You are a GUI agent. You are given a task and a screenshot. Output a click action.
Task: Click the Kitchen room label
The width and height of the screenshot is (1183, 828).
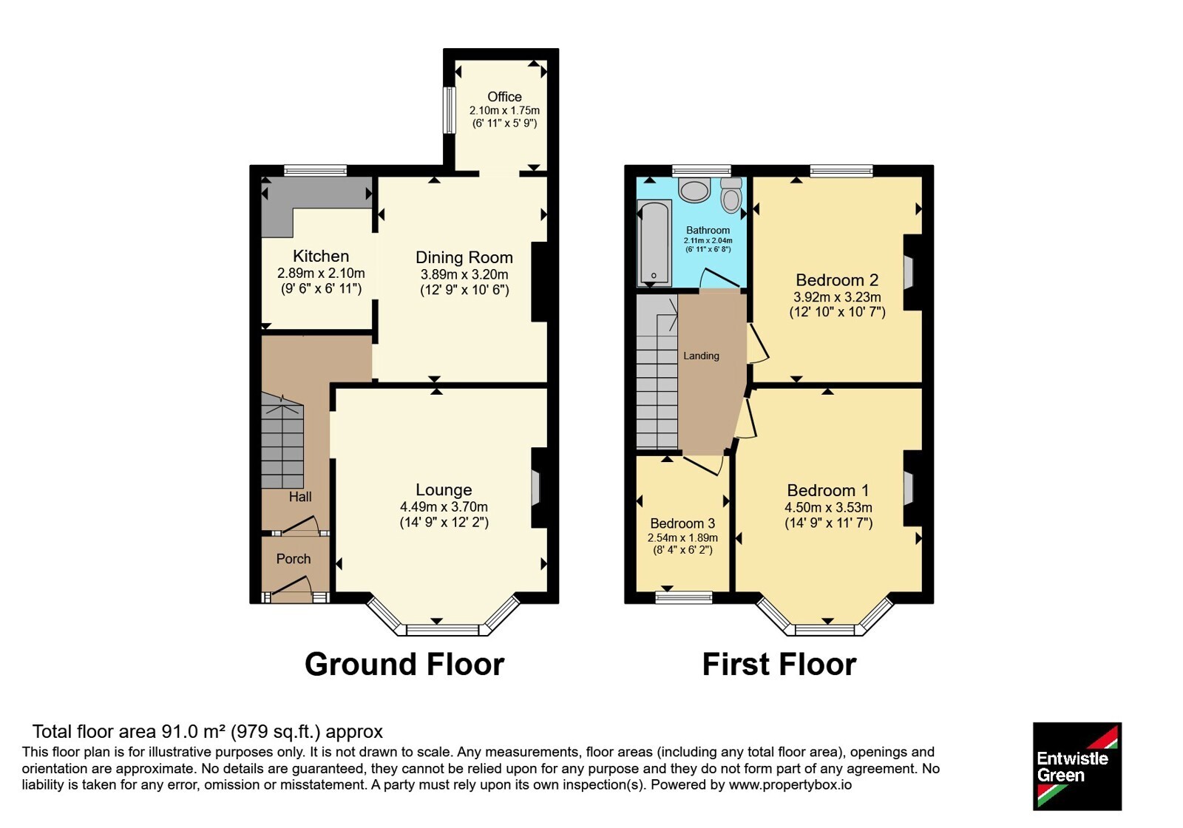pos(321,256)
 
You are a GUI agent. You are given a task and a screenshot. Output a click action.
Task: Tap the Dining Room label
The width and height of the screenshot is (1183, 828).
pos(464,257)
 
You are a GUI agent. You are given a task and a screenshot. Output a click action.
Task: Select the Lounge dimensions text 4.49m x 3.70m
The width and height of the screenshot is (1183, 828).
pos(444,507)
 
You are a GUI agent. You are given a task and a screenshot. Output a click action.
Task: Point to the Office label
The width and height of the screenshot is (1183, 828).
pos(504,97)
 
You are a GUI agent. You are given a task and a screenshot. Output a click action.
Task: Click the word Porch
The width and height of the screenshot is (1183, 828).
pos(294,559)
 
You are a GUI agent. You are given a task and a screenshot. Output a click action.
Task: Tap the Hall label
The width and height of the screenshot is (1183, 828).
pos(300,496)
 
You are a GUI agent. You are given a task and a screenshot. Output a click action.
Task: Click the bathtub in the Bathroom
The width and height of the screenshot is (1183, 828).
pos(654,242)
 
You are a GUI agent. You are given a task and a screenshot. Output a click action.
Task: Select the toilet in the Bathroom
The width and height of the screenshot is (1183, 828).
pos(731,195)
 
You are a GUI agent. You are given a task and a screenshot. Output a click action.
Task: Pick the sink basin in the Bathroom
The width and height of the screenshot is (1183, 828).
pos(694,191)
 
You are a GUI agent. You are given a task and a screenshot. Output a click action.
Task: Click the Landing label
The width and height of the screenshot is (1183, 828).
pos(702,356)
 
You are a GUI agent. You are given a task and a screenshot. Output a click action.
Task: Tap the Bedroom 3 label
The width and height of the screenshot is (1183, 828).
pos(682,523)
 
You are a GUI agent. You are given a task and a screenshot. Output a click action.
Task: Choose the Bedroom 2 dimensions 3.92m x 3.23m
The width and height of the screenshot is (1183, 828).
pos(837,296)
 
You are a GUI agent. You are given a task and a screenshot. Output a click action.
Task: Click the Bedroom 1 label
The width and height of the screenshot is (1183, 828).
pos(828,491)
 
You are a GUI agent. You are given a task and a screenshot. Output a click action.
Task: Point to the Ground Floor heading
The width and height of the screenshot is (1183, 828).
pos(404,665)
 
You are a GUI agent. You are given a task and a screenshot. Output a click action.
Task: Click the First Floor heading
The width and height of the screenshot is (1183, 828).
pos(779,665)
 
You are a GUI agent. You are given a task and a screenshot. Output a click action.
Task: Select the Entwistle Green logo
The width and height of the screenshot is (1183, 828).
pos(1077,766)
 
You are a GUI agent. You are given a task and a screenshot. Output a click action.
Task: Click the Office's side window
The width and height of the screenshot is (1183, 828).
pos(449,110)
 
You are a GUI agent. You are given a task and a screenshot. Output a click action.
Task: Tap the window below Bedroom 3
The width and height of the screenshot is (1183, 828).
pos(684,597)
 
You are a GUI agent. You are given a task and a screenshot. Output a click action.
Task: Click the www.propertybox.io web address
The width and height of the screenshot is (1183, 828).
pos(790,784)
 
